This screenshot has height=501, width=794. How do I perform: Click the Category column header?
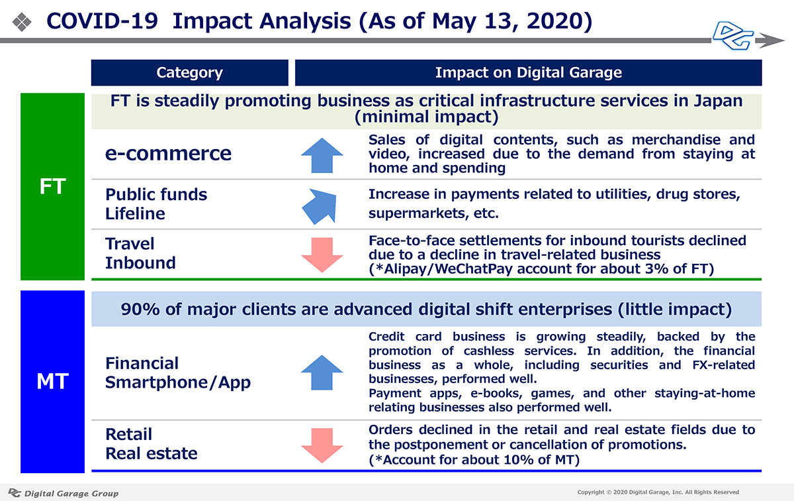[x=190, y=73]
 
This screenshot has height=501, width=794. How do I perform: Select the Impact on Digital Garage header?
[x=528, y=73]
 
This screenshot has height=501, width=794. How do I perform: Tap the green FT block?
[x=52, y=186]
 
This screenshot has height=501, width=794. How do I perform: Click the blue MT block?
[x=52, y=382]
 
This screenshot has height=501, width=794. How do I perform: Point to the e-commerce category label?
[x=168, y=153]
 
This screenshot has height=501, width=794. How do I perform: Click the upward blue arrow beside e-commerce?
[x=322, y=155]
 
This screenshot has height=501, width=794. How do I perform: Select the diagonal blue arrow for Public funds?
[x=320, y=206]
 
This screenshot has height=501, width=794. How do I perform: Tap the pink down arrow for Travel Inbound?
[x=322, y=255]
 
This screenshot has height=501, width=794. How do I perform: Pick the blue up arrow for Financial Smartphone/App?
[x=322, y=372]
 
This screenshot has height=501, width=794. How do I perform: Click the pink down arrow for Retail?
[x=322, y=445]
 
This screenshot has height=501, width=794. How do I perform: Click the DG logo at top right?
[x=733, y=36]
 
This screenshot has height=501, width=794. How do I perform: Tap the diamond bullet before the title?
[x=22, y=22]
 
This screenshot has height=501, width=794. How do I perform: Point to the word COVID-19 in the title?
[x=102, y=21]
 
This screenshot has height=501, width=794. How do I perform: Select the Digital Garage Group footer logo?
[x=64, y=493]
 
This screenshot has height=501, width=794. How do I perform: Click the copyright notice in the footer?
[x=658, y=492]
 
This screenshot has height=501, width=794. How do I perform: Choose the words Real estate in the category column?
[x=152, y=453]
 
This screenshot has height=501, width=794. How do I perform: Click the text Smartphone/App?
[x=178, y=383]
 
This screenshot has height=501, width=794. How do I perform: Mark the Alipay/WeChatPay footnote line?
[x=541, y=269]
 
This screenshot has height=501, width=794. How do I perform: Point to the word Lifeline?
[x=136, y=214]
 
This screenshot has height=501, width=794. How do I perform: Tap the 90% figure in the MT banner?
[x=140, y=309]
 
